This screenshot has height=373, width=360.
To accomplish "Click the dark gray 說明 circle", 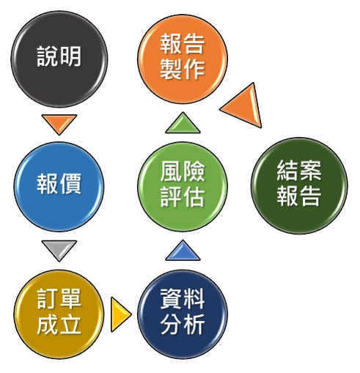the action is click(59, 59).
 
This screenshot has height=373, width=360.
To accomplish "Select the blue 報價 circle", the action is click(59, 186).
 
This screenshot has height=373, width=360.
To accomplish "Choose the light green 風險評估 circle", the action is click(183, 186).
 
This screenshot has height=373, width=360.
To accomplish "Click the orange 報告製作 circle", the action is click(183, 59).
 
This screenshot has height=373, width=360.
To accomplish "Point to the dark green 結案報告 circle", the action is click(299, 185).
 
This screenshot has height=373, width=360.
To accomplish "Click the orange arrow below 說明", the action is click(59, 123).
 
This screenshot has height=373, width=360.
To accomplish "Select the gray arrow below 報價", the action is click(59, 250).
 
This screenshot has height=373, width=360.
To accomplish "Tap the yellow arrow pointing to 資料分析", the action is click(120, 314).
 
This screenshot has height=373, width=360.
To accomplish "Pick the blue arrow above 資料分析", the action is click(183, 251).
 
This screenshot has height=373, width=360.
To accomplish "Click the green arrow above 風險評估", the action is click(183, 124).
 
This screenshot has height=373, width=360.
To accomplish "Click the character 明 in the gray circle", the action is click(70, 56).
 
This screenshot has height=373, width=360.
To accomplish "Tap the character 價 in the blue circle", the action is click(70, 184).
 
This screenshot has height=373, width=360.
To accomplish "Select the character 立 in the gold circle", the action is click(70, 325).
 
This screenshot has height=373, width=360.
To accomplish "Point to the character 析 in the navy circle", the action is click(194, 325).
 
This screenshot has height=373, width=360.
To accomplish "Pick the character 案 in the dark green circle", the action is click(311, 171).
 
